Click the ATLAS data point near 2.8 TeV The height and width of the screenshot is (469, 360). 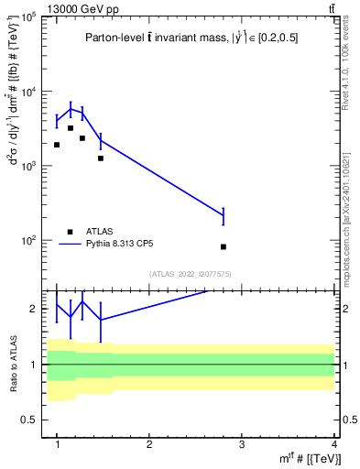[x=224, y=246]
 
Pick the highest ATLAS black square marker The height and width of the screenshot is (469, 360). [x=71, y=128]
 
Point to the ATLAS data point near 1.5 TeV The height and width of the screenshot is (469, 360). [x=101, y=158]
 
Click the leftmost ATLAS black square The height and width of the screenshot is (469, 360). [x=57, y=145]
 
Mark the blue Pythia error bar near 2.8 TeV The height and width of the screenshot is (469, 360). [x=224, y=216]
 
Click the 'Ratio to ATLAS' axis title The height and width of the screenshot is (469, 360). [x=12, y=364]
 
